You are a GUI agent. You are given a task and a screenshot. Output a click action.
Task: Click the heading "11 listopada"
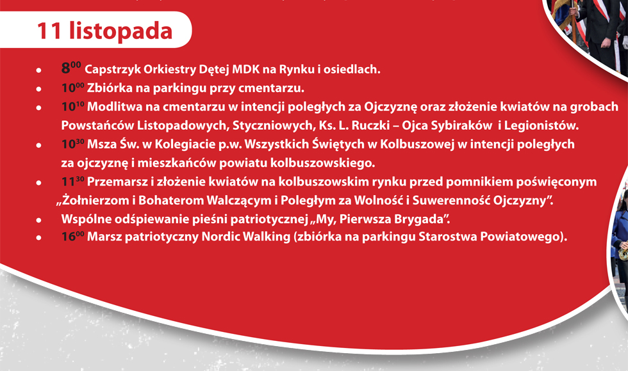104,31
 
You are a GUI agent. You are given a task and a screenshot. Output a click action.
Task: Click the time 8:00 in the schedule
71,68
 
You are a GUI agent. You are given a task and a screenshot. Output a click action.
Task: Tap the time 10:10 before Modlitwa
72,106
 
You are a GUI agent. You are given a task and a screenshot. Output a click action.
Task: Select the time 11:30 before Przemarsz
72,182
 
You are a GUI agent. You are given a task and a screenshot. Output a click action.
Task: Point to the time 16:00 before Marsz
72,236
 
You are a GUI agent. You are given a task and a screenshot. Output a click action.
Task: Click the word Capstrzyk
113,70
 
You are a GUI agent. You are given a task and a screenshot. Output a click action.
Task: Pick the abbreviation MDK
245,69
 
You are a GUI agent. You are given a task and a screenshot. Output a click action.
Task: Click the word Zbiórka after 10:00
110,88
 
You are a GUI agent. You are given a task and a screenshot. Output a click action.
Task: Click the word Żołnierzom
90,200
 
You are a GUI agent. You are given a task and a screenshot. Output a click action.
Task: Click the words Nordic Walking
246,237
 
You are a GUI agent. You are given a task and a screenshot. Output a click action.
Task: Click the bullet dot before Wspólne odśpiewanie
39,220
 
